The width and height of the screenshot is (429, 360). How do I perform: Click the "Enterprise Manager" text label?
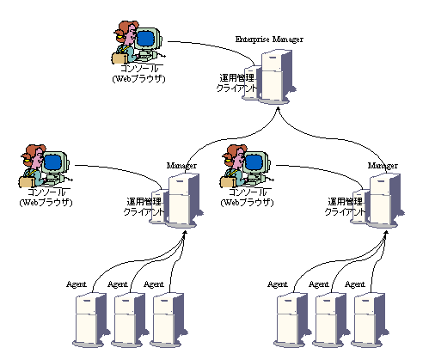269,40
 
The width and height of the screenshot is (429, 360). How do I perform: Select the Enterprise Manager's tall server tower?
277,76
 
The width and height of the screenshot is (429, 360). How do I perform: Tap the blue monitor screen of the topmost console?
145,38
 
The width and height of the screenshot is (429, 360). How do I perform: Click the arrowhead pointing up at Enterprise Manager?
278,109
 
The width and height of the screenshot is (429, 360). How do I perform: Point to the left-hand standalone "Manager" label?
181,166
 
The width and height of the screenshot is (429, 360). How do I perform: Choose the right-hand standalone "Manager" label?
383,166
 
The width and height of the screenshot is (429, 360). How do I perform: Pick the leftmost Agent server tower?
91,320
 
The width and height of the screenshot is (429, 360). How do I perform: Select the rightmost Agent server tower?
371,320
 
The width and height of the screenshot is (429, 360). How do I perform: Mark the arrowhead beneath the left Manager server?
185,233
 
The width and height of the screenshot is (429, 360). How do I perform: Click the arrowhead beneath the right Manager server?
386,233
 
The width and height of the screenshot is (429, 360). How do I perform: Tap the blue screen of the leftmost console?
52,162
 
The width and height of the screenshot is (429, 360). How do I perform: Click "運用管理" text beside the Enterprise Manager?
236,78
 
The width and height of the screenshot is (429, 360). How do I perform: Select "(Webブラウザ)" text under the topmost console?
138,79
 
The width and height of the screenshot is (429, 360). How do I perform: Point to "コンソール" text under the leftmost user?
48,192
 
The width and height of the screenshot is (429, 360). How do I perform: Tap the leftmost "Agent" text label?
76,284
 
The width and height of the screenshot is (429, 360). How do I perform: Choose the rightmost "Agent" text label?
355,284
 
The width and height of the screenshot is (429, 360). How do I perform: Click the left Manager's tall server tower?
184,200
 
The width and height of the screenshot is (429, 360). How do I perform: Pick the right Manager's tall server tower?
385,200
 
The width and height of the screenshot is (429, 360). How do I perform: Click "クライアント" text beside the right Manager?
345,211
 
